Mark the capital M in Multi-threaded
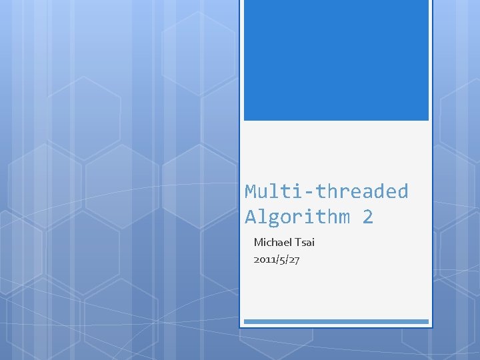251,192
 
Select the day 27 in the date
294,259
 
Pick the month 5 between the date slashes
282,259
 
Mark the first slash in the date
277,259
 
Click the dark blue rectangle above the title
336,60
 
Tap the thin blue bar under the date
336,321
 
